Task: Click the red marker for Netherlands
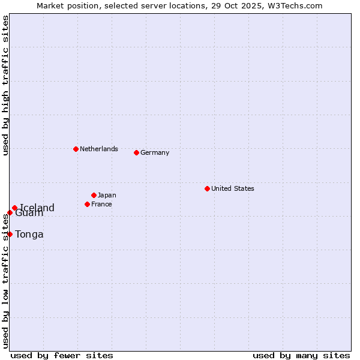point(76,149)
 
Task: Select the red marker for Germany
point(136,152)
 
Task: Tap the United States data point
point(207,188)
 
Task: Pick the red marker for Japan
point(94,195)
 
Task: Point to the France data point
point(87,204)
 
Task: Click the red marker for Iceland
point(14,208)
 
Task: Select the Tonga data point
point(10,234)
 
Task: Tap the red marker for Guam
point(10,212)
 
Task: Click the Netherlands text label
point(99,149)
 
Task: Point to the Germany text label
point(155,152)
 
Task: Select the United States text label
point(233,188)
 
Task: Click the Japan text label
point(107,195)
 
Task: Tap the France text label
point(101,204)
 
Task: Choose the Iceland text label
point(37,208)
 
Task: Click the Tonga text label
point(29,234)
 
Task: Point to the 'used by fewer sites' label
point(62,355)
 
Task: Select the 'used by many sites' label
point(301,355)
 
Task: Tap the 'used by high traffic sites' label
point(5,85)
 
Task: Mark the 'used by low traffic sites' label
point(5,282)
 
